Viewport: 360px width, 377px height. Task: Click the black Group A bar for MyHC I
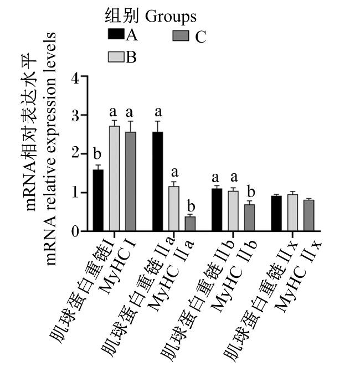[98, 200]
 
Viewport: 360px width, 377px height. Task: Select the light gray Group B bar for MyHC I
[115, 178]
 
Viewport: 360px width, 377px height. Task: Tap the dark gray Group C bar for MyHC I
[131, 182]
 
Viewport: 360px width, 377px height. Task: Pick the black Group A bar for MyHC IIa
[158, 182]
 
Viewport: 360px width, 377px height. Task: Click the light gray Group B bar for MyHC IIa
[173, 209]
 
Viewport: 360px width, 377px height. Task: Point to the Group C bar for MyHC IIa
[190, 224]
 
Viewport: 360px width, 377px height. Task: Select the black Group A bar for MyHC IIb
[217, 210]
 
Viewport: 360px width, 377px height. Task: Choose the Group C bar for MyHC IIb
[249, 218]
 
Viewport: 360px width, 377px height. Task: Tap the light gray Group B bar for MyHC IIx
[292, 213]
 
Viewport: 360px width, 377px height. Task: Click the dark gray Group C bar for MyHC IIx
[309, 216]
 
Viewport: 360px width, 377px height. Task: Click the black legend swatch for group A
[116, 34]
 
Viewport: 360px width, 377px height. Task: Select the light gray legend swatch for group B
[116, 57]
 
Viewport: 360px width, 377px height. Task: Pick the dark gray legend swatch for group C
[181, 36]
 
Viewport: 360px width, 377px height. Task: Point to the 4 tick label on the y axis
[75, 79]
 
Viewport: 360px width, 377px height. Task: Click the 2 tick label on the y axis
[75, 153]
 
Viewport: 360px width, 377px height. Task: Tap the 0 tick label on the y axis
[75, 231]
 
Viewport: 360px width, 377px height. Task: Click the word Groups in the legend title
[171, 17]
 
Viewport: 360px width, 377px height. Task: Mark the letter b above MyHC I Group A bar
[97, 154]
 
